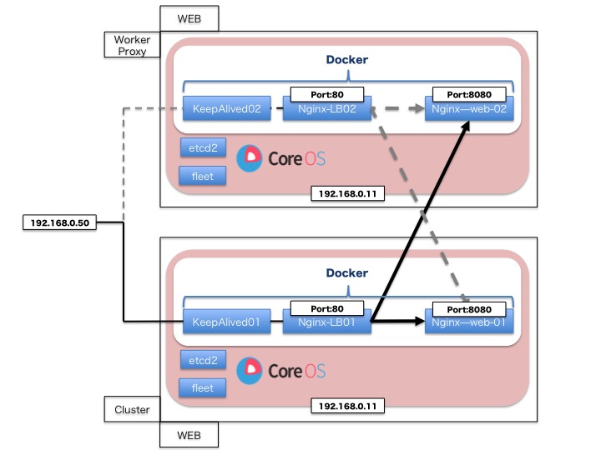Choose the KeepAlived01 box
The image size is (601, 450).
[225, 321]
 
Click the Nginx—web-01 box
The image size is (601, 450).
[467, 321]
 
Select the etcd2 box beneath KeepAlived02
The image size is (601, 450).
[203, 148]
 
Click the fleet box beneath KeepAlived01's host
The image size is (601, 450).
[203, 387]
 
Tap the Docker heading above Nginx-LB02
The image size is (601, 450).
[346, 60]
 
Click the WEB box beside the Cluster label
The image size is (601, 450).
[189, 434]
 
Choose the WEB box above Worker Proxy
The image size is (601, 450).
[189, 17]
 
